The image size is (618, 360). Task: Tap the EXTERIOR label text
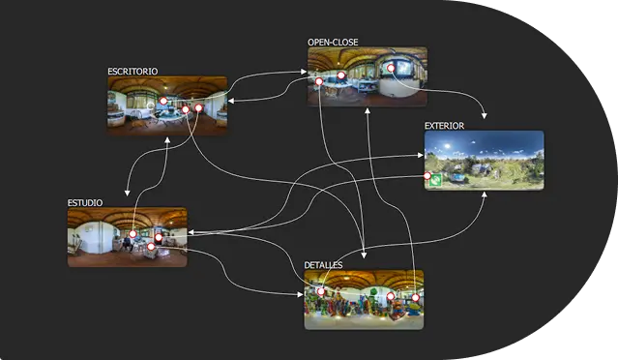click(x=444, y=126)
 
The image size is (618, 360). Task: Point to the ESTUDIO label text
click(x=84, y=202)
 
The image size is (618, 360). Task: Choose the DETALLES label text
click(x=323, y=264)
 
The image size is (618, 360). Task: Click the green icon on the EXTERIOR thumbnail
click(x=436, y=180)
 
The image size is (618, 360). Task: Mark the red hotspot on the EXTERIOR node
click(x=427, y=176)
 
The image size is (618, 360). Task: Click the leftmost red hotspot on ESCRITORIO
click(x=163, y=101)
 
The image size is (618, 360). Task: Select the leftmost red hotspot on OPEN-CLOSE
click(x=318, y=81)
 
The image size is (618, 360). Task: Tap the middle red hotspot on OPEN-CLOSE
click(x=340, y=75)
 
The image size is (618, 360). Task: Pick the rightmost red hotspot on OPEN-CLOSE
click(x=391, y=68)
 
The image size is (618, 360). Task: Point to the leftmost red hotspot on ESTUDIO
click(x=132, y=234)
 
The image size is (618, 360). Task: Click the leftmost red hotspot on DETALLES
click(x=321, y=291)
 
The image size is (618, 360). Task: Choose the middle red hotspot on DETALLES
click(x=391, y=296)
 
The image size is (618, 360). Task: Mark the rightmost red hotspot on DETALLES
click(x=415, y=297)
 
